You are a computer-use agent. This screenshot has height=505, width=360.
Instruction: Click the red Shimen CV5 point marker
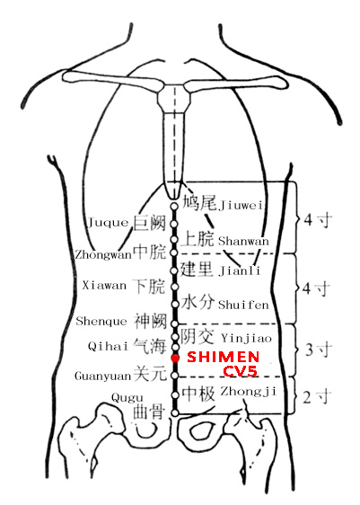pyautogui.click(x=175, y=359)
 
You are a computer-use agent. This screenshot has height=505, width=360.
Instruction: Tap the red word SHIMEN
pyautogui.click(x=223, y=357)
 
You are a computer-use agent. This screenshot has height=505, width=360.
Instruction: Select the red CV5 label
pyautogui.click(x=241, y=371)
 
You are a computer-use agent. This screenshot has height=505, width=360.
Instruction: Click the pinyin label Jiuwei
pyautogui.click(x=241, y=205)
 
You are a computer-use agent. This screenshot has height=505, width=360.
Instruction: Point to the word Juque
pyautogui.click(x=108, y=222)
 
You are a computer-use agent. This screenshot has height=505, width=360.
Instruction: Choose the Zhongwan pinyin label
pyautogui.click(x=103, y=255)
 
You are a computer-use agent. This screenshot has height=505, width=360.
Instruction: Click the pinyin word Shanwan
pyautogui.click(x=243, y=241)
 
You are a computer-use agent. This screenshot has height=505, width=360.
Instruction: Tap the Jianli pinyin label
pyautogui.click(x=240, y=270)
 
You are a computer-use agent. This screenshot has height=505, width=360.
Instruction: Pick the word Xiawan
pyautogui.click(x=104, y=286)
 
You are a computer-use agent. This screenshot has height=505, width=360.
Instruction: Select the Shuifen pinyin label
pyautogui.click(x=243, y=305)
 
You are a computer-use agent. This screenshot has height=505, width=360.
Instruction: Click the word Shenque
pyautogui.click(x=101, y=321)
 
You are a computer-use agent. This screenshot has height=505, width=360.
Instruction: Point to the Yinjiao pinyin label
pyautogui.click(x=246, y=338)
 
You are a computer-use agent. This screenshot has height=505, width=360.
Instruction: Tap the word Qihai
pyautogui.click(x=108, y=346)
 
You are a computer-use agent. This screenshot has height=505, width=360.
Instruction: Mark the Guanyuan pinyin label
pyautogui.click(x=103, y=376)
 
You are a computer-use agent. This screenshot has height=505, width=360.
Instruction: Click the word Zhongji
pyautogui.click(x=248, y=391)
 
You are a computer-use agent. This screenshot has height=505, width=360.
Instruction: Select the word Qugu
pyautogui.click(x=127, y=398)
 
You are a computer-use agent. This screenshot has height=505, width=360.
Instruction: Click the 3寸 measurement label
pyautogui.click(x=319, y=350)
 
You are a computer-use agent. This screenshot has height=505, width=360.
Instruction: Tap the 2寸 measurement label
pyautogui.click(x=317, y=397)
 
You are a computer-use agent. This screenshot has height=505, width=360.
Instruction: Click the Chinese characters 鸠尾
pyautogui.click(x=199, y=202)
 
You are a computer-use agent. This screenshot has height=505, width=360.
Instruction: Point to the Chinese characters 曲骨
pyautogui.click(x=149, y=412)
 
